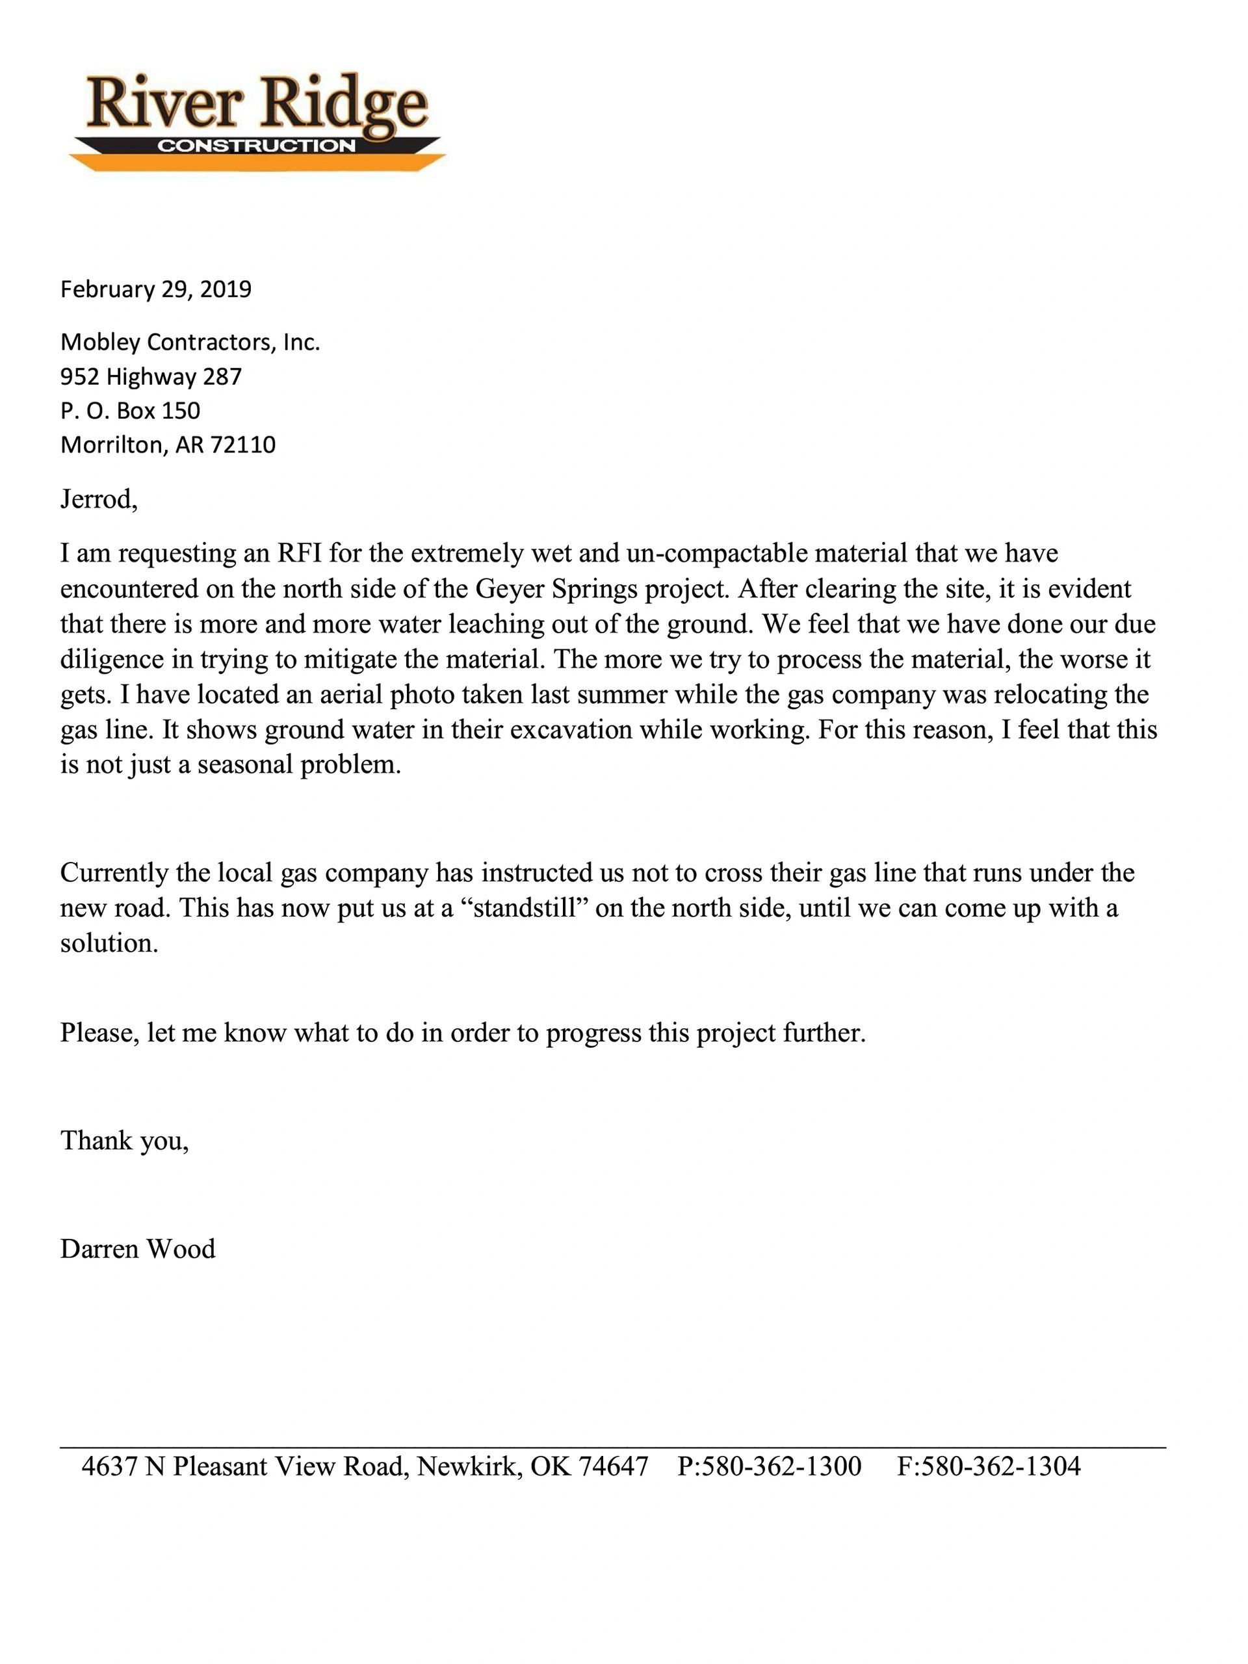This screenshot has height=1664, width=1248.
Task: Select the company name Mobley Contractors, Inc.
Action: (190, 343)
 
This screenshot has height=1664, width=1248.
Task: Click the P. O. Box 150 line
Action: (130, 411)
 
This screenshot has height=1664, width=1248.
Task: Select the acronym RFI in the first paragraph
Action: (300, 554)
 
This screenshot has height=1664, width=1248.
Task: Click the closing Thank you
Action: (124, 1141)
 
